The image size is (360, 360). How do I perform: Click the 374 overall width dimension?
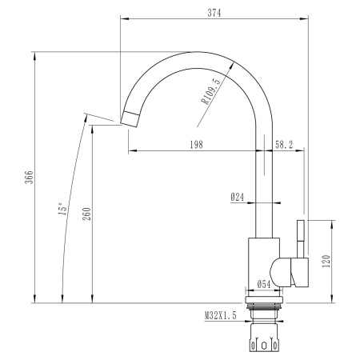point(213,12)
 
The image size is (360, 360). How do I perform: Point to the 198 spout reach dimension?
point(196,144)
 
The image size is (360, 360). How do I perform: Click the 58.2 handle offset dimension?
point(285,144)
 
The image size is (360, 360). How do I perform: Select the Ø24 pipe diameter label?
point(238,196)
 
